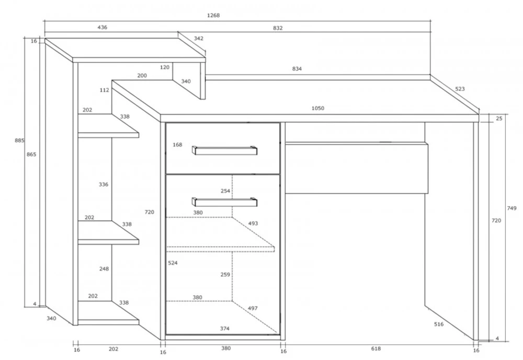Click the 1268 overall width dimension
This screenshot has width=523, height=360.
(x=213, y=15)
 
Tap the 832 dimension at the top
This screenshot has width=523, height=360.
(x=278, y=28)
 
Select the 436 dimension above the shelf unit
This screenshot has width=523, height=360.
(x=102, y=27)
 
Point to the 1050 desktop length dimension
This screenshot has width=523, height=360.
(x=318, y=108)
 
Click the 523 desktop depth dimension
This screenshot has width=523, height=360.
(x=460, y=89)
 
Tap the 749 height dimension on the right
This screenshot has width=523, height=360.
(x=511, y=208)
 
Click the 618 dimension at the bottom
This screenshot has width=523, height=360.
(x=376, y=348)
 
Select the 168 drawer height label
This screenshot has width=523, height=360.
(x=177, y=144)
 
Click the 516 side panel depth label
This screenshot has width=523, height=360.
(x=438, y=324)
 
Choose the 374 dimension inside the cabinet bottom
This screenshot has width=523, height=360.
(x=224, y=328)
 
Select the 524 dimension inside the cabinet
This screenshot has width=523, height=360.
(x=173, y=263)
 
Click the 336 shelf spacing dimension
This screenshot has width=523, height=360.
(x=103, y=184)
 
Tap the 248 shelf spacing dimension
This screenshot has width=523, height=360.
(x=104, y=269)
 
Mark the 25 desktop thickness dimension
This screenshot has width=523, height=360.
(x=498, y=119)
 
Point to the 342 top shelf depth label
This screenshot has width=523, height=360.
(x=198, y=38)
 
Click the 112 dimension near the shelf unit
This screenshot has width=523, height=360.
(x=104, y=90)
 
